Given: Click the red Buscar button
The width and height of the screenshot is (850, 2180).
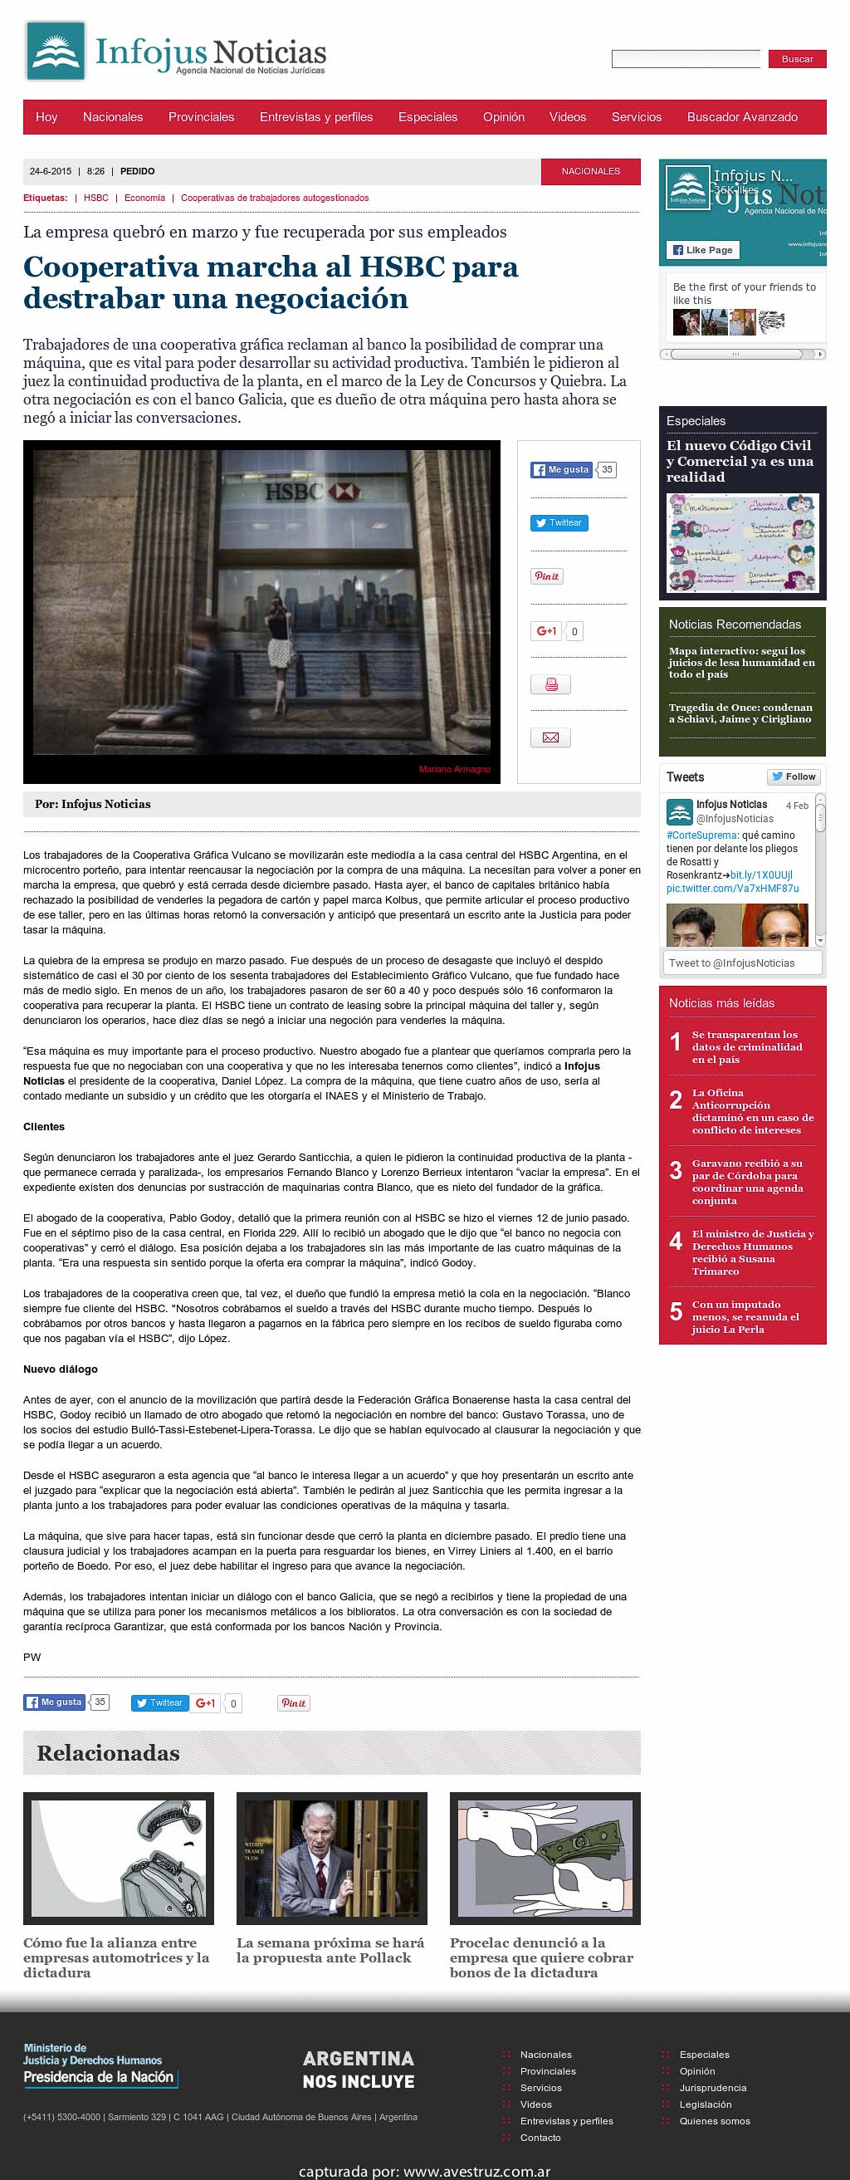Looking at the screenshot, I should [797, 59].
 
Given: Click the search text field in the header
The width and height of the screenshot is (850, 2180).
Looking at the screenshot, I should [686, 59].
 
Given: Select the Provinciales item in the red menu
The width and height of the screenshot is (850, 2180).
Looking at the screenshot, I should [201, 117].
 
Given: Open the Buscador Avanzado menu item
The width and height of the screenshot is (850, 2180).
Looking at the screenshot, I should [742, 117].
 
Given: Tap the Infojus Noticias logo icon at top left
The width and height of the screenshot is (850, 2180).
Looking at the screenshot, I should [56, 51].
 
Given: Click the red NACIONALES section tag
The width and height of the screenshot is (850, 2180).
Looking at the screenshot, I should [590, 171].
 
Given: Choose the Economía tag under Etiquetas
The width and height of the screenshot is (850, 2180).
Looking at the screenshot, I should [144, 198].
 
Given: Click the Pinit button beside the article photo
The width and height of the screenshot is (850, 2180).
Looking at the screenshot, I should [546, 576].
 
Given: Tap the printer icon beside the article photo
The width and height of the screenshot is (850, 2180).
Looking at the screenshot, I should [550, 683].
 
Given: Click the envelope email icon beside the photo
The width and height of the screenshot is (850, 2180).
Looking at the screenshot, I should [550, 737].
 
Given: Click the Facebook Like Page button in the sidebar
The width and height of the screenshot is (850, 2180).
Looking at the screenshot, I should [703, 250].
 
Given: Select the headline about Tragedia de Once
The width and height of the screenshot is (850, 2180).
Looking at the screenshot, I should [740, 713].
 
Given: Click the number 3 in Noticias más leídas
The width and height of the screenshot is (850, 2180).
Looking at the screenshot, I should [676, 1170].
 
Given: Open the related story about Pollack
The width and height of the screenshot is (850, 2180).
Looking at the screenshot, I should [331, 1950].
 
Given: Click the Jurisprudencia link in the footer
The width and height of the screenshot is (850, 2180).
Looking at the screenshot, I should [712, 2088].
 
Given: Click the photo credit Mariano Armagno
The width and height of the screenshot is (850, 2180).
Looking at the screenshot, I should [454, 769].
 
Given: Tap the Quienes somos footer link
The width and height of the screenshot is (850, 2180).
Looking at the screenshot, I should [714, 2121].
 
